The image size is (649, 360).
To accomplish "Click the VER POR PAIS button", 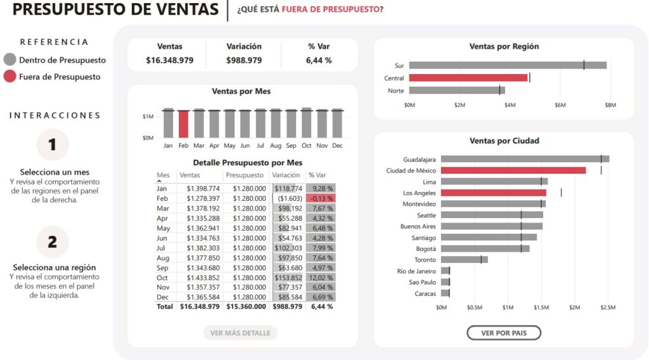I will pos(504,333).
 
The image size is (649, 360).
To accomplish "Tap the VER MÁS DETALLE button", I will pos(240,333).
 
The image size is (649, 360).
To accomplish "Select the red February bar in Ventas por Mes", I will pos(183,124).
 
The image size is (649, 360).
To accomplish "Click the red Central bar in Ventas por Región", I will pos(468,78).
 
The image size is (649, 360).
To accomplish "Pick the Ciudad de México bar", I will pos(513,170).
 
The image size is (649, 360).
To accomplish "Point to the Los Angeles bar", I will pos(494,193).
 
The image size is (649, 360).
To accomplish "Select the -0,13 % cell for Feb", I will pos(321,198).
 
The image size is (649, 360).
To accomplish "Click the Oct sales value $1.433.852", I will pos(200,278).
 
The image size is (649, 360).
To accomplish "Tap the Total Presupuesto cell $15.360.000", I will pos(245,306).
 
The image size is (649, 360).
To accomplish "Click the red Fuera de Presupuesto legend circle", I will pos(10,77).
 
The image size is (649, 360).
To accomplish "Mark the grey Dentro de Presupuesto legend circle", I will pos(10,60).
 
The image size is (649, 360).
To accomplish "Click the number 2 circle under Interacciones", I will pos(53,241).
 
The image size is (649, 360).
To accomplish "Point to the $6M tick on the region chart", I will pos(560,105).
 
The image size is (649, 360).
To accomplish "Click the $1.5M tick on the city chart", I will pos(541,307).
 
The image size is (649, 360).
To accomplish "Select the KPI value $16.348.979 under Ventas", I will pos(169,60).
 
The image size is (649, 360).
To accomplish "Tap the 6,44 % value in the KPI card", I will pos(319,60).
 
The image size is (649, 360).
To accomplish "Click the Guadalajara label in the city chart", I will pos(420,159).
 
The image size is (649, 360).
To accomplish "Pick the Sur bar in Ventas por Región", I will pos(508,65).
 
